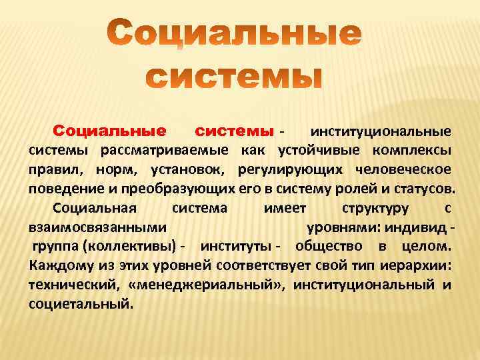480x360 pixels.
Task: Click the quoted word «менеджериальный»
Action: tap(213, 285)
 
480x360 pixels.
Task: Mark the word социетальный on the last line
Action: tap(81, 304)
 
